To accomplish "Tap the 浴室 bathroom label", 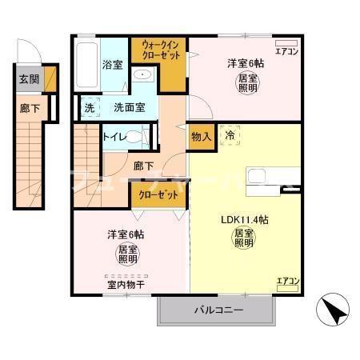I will click(x=112, y=65).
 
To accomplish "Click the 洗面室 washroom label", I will click(x=128, y=107).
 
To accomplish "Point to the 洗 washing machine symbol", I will click(x=89, y=107).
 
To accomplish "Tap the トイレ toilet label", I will click(x=114, y=137).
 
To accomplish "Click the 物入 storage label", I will click(x=201, y=137).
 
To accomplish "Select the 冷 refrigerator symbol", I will click(x=229, y=135).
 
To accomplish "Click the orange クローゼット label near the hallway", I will click(x=157, y=194).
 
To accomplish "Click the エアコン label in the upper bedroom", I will click(x=285, y=51).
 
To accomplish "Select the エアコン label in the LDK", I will click(x=287, y=281).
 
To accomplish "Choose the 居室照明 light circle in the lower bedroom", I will click(x=126, y=254).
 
